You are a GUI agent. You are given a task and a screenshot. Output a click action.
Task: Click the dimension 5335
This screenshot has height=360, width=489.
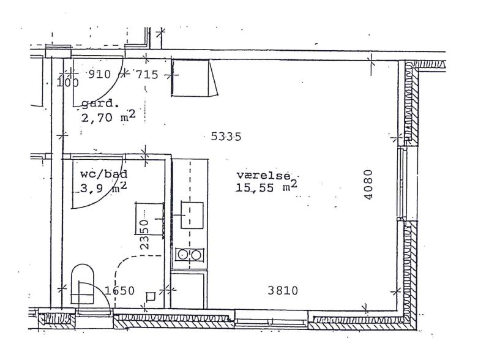[226, 137]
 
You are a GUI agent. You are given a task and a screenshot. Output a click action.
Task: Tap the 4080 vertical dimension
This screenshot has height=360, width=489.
[368, 184]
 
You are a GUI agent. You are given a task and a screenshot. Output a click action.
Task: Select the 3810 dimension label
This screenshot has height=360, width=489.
[283, 291]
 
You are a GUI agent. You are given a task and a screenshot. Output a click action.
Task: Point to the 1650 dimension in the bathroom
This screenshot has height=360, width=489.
[119, 291]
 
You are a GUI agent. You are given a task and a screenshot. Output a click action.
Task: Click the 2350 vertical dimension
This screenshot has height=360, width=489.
[144, 234]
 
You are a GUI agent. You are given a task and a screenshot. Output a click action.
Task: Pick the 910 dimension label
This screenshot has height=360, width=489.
[100, 74]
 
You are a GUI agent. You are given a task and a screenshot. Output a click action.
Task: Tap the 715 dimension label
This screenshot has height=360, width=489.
[147, 75]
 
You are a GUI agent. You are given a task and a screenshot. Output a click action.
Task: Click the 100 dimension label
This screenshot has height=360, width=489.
[68, 83]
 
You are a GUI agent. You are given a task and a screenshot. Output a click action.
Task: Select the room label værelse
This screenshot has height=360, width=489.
[264, 175]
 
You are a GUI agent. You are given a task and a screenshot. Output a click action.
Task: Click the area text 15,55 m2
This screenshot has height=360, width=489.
[267, 187]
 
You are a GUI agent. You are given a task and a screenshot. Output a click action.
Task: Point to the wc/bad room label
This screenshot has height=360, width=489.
[104, 174]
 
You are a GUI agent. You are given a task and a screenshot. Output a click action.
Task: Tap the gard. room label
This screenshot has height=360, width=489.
[100, 103]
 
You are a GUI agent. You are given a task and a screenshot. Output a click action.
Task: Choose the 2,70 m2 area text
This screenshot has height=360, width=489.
[108, 116]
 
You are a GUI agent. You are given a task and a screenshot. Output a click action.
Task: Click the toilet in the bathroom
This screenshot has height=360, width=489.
[83, 285]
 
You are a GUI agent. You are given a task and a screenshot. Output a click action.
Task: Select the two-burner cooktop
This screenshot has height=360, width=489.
[189, 255]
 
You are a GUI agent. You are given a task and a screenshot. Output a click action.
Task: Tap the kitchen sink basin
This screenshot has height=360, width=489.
[192, 216]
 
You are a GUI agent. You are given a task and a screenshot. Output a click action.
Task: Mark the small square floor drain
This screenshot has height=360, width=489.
[151, 296]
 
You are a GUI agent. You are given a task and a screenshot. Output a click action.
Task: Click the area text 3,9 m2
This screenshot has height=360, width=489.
[103, 188]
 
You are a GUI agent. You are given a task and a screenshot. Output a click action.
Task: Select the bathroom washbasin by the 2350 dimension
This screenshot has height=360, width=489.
[149, 219]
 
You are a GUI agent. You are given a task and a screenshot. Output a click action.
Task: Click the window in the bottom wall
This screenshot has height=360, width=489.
[271, 319]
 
